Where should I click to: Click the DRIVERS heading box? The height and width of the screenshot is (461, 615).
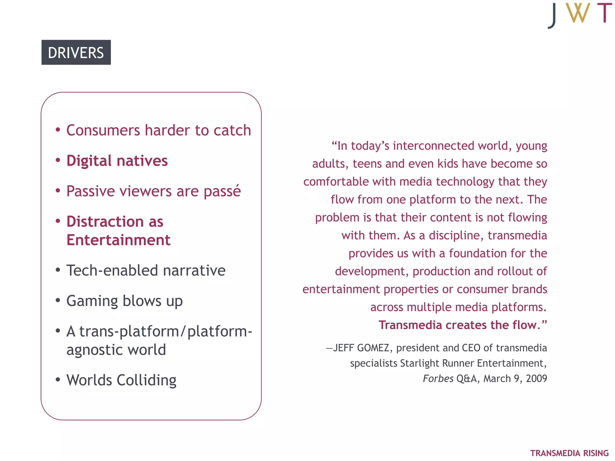coord(76,53)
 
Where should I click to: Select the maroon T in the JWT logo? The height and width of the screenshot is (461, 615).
coord(604,13)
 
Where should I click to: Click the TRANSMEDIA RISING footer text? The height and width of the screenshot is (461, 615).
coord(569,453)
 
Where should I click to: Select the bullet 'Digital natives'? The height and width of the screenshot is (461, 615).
coord(117,161)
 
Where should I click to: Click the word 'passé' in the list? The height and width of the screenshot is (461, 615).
coord(222,191)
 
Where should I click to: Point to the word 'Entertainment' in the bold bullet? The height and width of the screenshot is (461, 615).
coord(118,240)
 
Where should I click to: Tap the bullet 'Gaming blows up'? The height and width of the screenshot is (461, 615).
coord(124,301)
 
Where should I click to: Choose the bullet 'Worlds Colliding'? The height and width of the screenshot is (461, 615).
coord(121,380)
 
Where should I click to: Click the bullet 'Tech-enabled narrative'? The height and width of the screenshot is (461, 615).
coord(146,270)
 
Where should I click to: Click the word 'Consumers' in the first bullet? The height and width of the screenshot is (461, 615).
coord(103,131)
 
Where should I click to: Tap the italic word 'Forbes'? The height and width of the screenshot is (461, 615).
coord(438,378)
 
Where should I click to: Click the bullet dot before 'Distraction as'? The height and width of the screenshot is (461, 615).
coord(58,221)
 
